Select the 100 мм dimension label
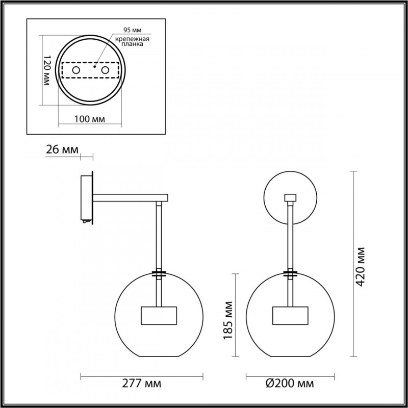[x=90, y=119]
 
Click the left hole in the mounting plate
[x=75, y=69]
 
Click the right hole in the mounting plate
[x=106, y=69]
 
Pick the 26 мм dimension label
[x=63, y=150]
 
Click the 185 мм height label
[x=228, y=315]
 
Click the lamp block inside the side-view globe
[x=158, y=316]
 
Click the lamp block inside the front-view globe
[x=291, y=316]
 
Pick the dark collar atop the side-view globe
[x=159, y=274]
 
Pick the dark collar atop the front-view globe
[x=291, y=274]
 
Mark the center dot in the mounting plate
[x=95, y=66]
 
